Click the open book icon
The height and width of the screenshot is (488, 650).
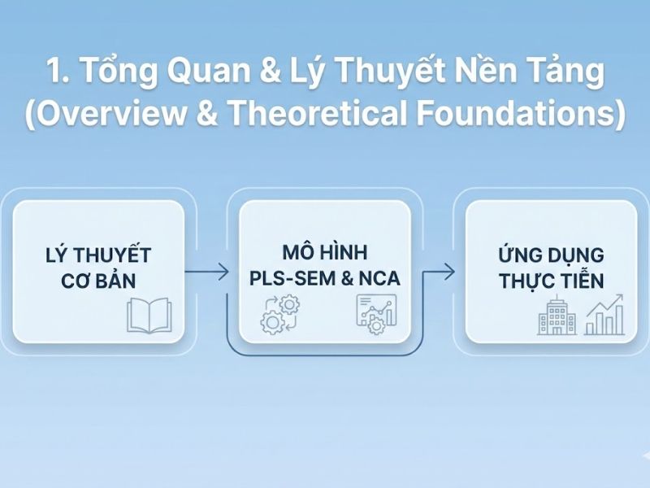pos(149,316)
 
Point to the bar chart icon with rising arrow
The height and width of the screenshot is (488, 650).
pos(605,316)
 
